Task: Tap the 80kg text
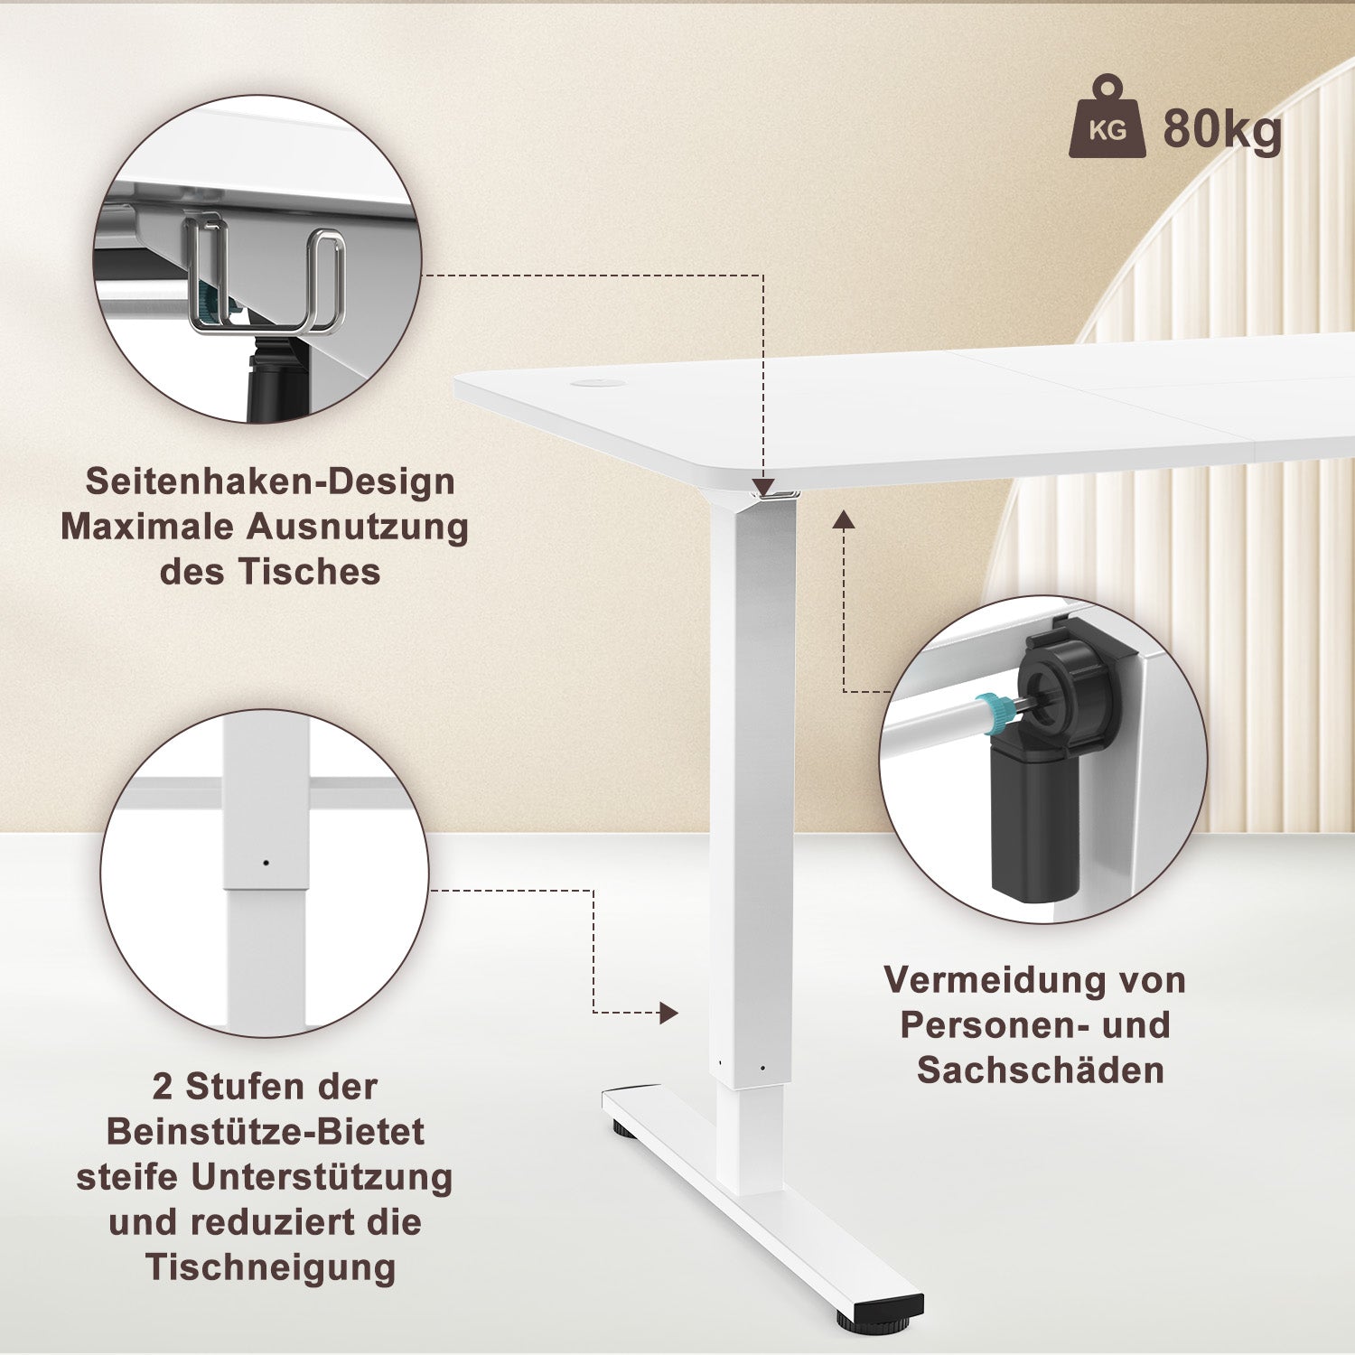point(1222,128)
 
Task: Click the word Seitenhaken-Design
point(270,481)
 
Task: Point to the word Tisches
point(309,572)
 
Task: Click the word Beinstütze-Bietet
point(266,1131)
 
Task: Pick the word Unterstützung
point(322,1176)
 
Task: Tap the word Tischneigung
point(270,1266)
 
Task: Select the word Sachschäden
point(1041,1070)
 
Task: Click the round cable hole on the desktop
point(593,384)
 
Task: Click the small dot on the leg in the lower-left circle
point(266,863)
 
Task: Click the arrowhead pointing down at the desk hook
point(763,488)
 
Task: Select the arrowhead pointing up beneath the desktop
point(844,519)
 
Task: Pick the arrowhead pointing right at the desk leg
point(668,1013)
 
